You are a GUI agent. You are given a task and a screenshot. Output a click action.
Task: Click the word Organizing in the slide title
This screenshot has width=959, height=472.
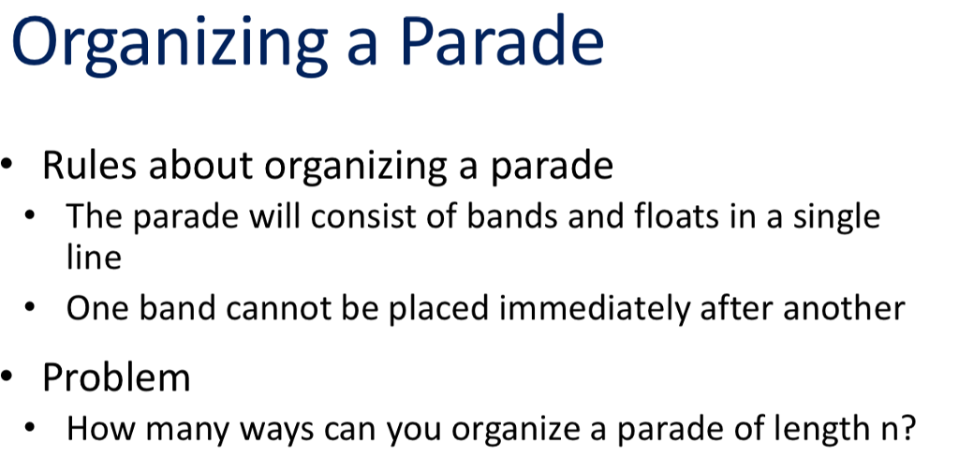[x=168, y=45]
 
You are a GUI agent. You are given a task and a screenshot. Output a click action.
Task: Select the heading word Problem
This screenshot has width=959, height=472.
[x=117, y=377]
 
